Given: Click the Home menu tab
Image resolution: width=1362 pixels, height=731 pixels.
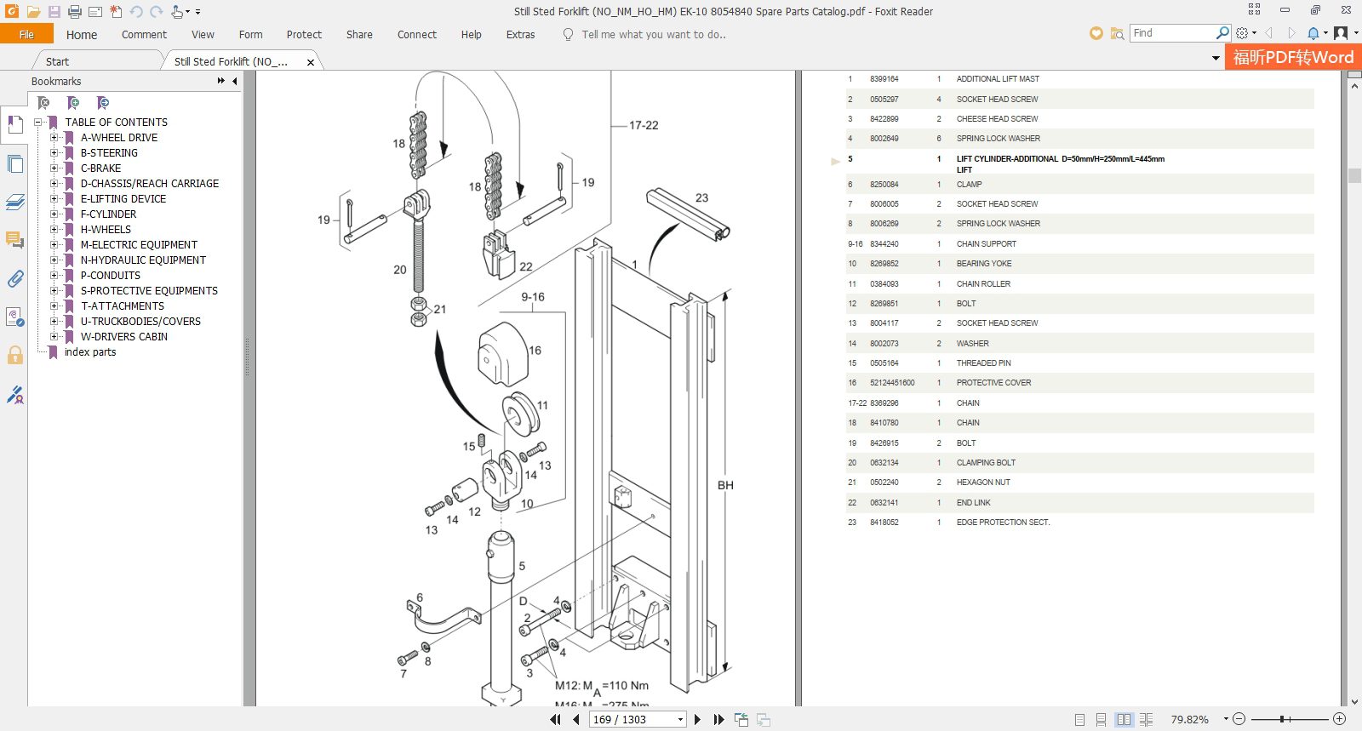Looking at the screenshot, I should pyautogui.click(x=81, y=35).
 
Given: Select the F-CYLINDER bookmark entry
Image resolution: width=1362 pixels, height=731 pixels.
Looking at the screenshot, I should pyautogui.click(x=108, y=214).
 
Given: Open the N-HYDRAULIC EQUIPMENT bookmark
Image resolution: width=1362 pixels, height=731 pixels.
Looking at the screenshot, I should pyautogui.click(x=143, y=260).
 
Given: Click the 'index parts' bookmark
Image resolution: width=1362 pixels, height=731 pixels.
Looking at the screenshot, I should pyautogui.click(x=90, y=352).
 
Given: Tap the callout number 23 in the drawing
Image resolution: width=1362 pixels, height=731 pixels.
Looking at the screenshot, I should pyautogui.click(x=701, y=198).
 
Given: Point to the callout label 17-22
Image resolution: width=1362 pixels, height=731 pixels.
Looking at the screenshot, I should pyautogui.click(x=644, y=125).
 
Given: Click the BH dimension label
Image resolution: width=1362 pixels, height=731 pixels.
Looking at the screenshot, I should pyautogui.click(x=725, y=486).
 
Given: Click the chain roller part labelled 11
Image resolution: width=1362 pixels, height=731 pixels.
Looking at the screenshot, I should pyautogui.click(x=520, y=414).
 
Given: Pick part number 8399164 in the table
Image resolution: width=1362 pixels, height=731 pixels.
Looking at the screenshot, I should pyautogui.click(x=884, y=79).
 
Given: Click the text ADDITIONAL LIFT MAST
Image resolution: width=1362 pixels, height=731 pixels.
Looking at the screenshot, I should pyautogui.click(x=998, y=79).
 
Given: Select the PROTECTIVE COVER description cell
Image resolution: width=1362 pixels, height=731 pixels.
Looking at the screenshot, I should pyautogui.click(x=993, y=383).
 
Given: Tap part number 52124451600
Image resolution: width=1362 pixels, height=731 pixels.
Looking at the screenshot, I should pyautogui.click(x=892, y=383).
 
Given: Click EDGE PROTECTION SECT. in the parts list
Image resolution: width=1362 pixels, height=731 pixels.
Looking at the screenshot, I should pyautogui.click(x=1003, y=523).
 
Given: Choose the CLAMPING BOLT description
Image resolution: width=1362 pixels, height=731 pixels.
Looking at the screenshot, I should pyautogui.click(x=986, y=463).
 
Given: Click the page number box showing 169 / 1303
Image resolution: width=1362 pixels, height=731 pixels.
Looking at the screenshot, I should pyautogui.click(x=637, y=720).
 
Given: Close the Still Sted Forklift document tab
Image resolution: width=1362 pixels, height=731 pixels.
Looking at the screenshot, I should pyautogui.click(x=311, y=62).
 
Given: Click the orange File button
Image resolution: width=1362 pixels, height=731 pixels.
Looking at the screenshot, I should pyautogui.click(x=26, y=34).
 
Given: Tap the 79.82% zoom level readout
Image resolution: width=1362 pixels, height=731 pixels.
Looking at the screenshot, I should pyautogui.click(x=1189, y=720).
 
